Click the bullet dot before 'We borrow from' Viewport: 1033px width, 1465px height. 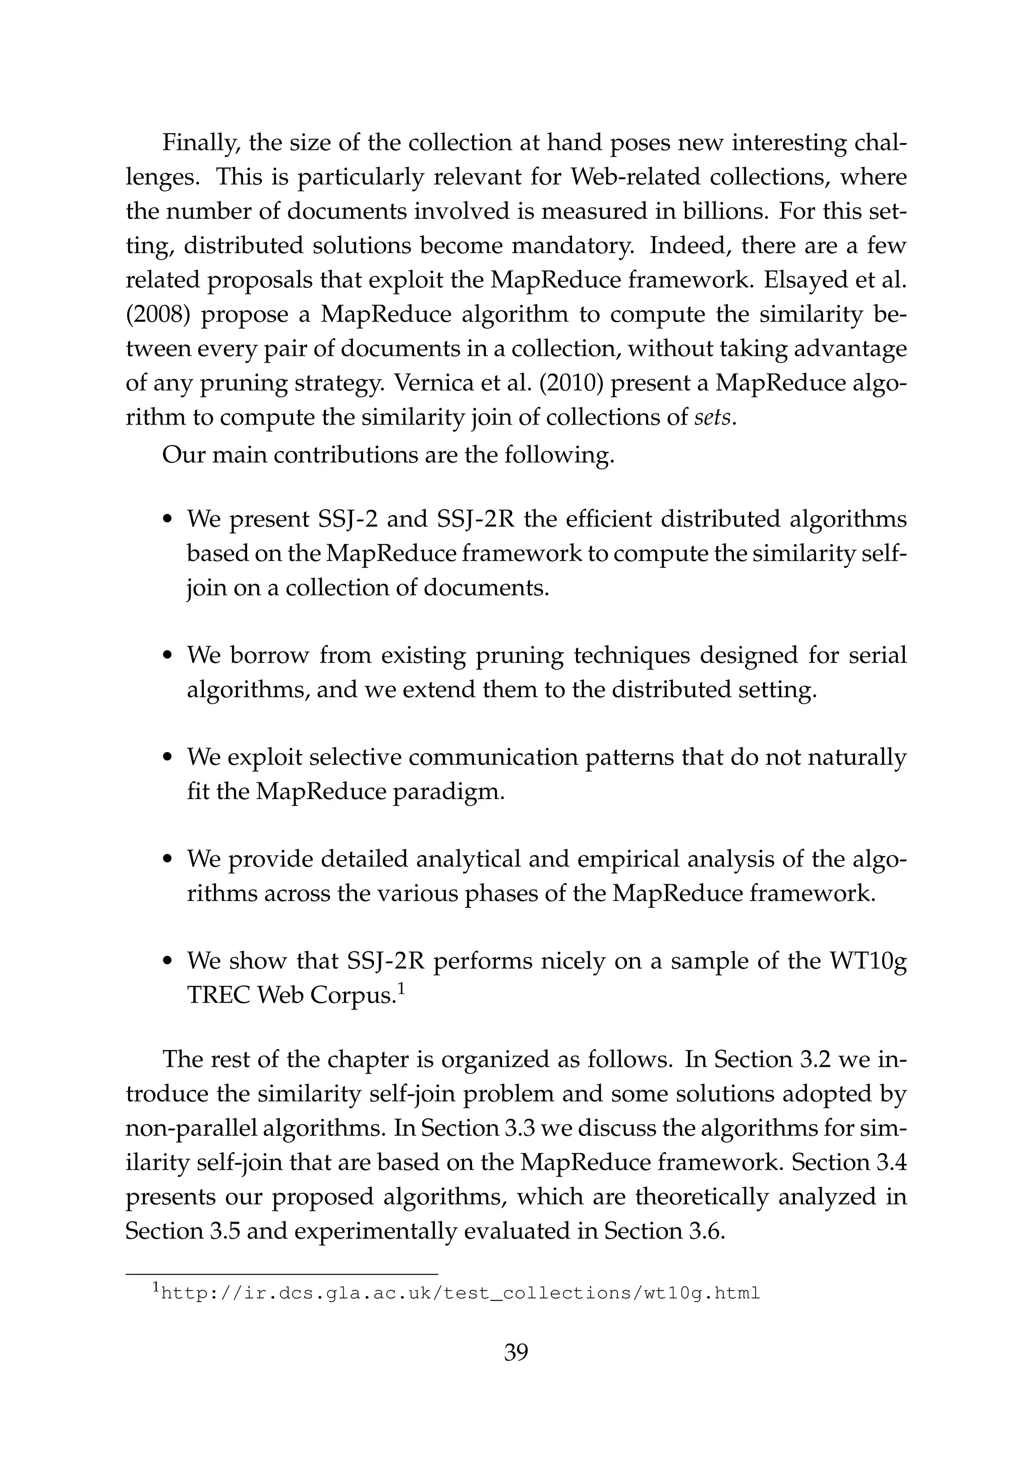click(x=168, y=656)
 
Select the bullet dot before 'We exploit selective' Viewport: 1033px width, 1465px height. click(x=168, y=758)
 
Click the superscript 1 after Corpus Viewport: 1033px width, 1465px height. click(x=401, y=989)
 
